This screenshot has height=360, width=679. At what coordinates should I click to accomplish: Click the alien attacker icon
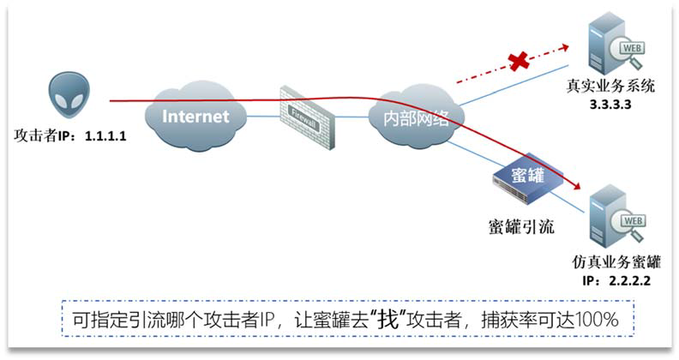point(69,97)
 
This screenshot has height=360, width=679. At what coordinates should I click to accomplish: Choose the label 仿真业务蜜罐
point(610,262)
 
